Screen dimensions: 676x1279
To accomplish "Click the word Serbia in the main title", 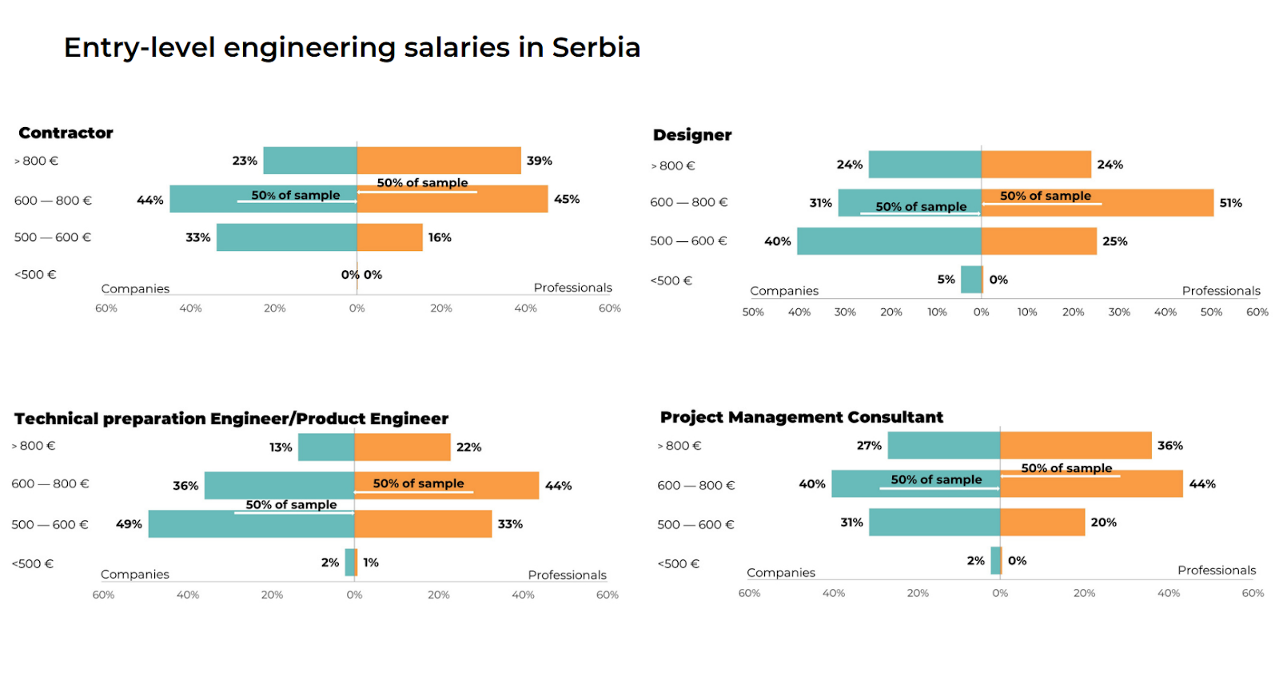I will pos(596,48).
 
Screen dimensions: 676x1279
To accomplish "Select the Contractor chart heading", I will pos(66,133).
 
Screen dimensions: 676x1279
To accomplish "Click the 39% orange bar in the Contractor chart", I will pos(439,161).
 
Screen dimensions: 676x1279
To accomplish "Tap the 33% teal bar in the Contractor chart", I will pos(286,237).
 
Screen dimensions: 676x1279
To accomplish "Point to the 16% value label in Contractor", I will pos(440,237).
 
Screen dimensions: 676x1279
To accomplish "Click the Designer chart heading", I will pos(692,135).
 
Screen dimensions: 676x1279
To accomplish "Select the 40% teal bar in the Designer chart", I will pos(889,241).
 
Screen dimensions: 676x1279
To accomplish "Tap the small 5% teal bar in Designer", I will pos(971,280).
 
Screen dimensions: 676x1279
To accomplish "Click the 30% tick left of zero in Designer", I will pos(845,312).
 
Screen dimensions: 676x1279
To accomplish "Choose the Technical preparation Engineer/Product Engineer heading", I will pos(231,419).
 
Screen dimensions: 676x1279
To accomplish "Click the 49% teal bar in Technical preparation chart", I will pos(251,524).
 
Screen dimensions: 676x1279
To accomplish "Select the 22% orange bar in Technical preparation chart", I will pos(402,447).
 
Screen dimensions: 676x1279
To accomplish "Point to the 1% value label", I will pos(371,563).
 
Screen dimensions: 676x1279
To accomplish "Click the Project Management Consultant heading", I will pos(801,417).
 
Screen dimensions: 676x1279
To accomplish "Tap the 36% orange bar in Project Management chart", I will pos(1075,445).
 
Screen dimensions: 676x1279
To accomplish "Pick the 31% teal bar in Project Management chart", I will pos(934,523).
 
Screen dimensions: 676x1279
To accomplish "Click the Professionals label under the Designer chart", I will pos(1221,291).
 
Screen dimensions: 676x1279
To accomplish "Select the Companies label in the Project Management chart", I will pos(780,573).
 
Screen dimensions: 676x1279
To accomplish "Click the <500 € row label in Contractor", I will pos(35,275).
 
